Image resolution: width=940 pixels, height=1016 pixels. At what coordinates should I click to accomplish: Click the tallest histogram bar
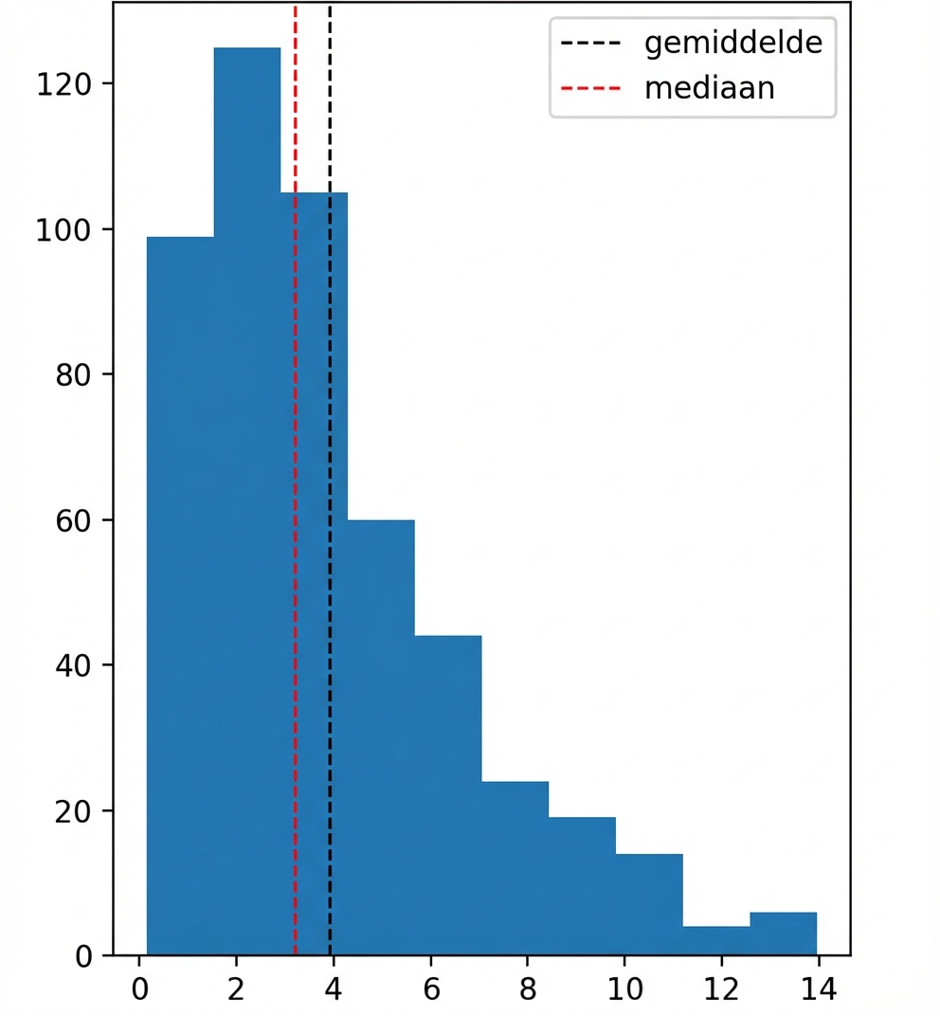pos(246,474)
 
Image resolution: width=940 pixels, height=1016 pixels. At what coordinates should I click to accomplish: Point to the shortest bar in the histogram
pos(715,940)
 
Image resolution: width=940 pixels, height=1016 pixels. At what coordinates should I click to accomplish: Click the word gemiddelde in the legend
pos(732,44)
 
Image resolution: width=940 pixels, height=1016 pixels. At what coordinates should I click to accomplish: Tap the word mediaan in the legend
pos(709,88)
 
